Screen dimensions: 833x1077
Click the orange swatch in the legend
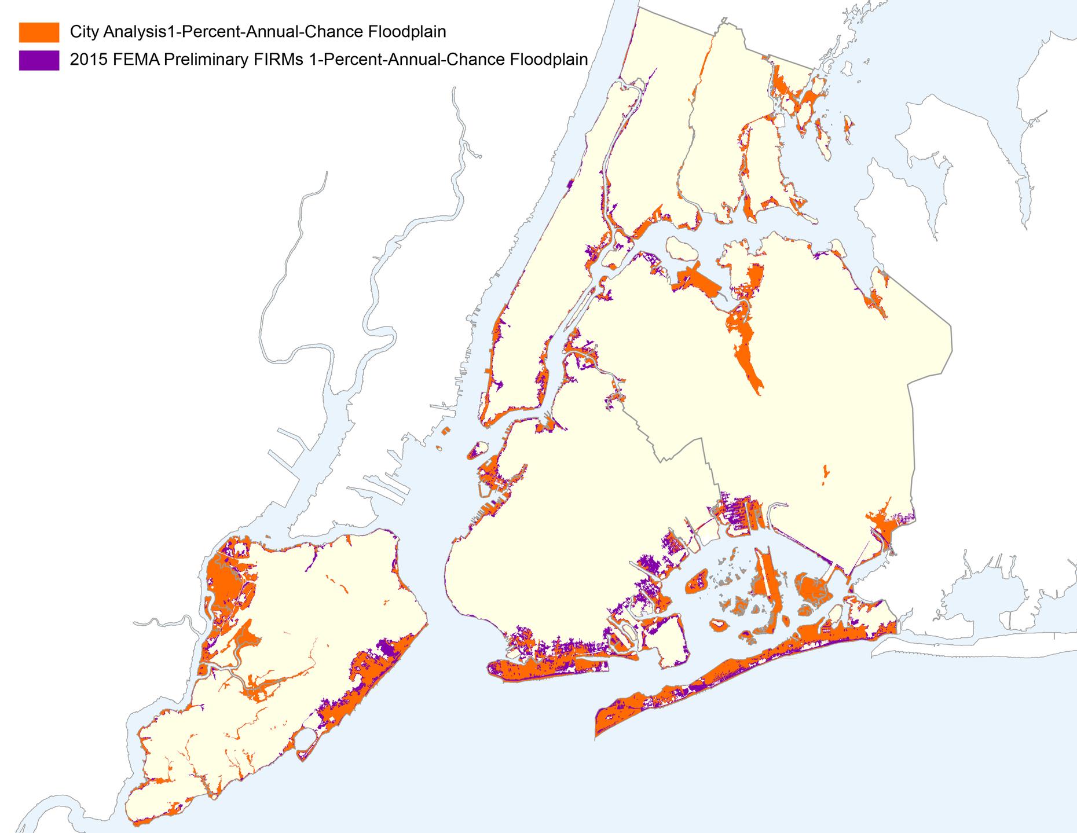39,32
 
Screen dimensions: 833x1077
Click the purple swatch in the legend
39,60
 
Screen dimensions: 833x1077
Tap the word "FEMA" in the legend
139,60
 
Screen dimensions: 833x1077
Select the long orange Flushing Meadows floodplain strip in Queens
747,356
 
